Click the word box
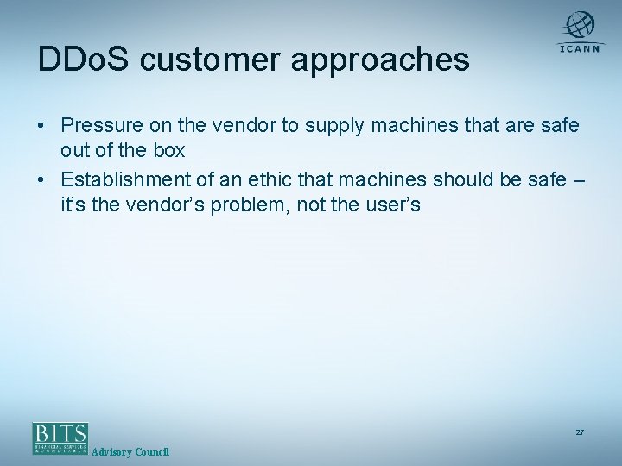coord(169,150)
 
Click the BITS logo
coord(60,438)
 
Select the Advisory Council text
coord(130,453)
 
